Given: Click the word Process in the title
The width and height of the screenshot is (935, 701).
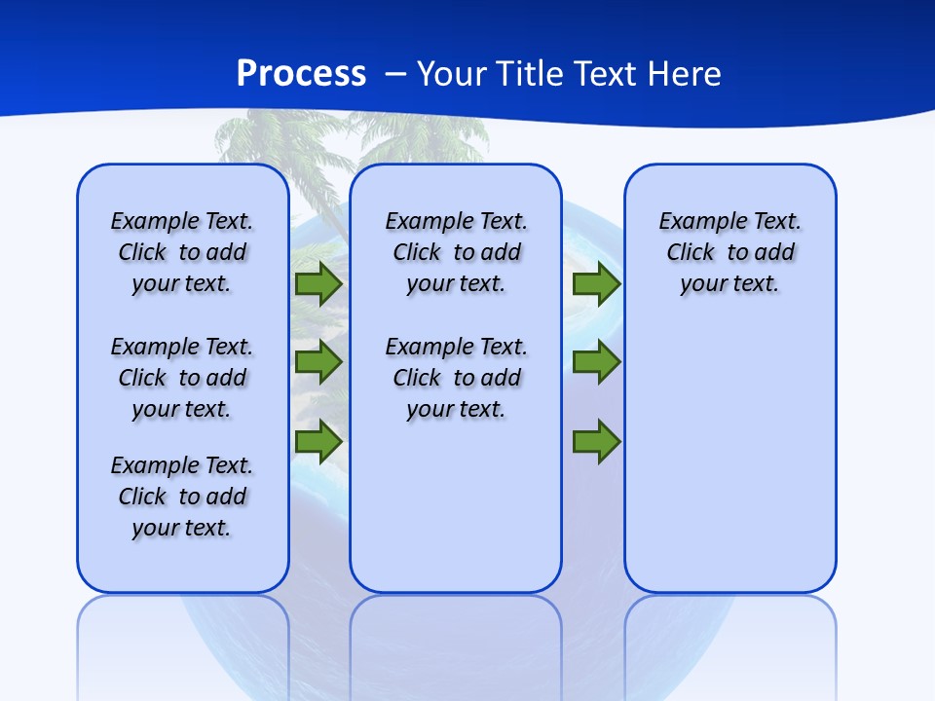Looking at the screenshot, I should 301,74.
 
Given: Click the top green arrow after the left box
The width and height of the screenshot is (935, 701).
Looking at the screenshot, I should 318,283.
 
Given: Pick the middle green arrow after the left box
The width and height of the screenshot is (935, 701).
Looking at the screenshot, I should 318,362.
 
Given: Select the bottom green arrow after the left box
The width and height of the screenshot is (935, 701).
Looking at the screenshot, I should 318,441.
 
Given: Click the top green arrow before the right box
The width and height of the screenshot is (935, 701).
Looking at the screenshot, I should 596,283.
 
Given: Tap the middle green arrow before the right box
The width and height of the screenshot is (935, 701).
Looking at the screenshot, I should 596,362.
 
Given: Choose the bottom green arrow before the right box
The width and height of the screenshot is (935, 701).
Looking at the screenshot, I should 596,441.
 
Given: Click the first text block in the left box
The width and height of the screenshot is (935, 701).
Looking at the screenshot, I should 182,252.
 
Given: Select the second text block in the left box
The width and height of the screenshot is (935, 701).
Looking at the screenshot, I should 182,378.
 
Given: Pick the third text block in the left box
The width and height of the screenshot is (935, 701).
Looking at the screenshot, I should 182,497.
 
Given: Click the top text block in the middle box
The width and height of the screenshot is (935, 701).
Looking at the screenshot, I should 456,252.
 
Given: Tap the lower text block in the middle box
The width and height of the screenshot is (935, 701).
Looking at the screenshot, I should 456,378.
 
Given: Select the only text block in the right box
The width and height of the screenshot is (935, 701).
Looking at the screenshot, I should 729,252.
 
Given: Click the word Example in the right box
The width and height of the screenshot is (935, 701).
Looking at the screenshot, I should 695,222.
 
